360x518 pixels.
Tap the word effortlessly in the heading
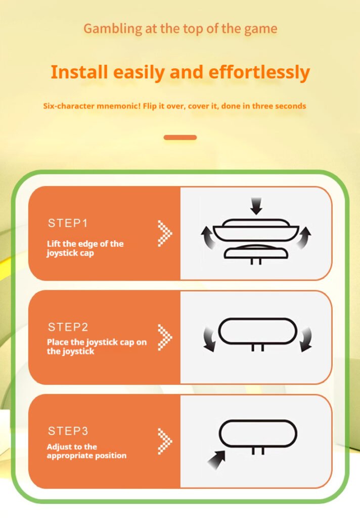point(259,72)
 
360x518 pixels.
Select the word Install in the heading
point(79,72)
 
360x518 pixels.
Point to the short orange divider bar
point(180,138)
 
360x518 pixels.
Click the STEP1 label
point(68,223)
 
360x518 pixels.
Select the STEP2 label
point(68,327)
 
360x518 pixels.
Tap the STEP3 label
point(68,431)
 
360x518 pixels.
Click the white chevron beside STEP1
point(165,233)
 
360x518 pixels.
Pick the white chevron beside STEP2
point(165,337)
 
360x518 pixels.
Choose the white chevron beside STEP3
point(165,441)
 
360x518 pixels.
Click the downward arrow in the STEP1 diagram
point(256,206)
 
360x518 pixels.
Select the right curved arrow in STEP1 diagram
point(303,238)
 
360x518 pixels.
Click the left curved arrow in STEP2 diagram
point(209,339)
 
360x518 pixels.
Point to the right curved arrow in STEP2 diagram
point(306,339)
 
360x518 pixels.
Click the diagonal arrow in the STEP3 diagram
point(217,459)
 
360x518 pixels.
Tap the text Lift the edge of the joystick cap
point(85,248)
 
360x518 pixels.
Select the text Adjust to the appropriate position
point(86,451)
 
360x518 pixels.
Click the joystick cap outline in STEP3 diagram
point(258,421)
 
